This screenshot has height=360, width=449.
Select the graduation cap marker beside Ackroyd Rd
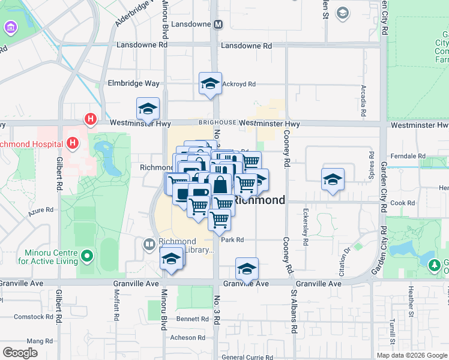(211, 83)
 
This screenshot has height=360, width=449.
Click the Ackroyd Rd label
(239, 84)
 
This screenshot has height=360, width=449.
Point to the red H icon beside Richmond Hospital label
(73, 143)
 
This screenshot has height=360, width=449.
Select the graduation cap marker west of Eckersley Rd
(333, 179)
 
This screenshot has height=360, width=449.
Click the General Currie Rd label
(248, 358)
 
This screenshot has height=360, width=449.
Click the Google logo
(20, 353)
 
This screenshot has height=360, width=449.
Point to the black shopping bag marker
(221, 185)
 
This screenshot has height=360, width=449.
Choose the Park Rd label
(232, 239)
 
